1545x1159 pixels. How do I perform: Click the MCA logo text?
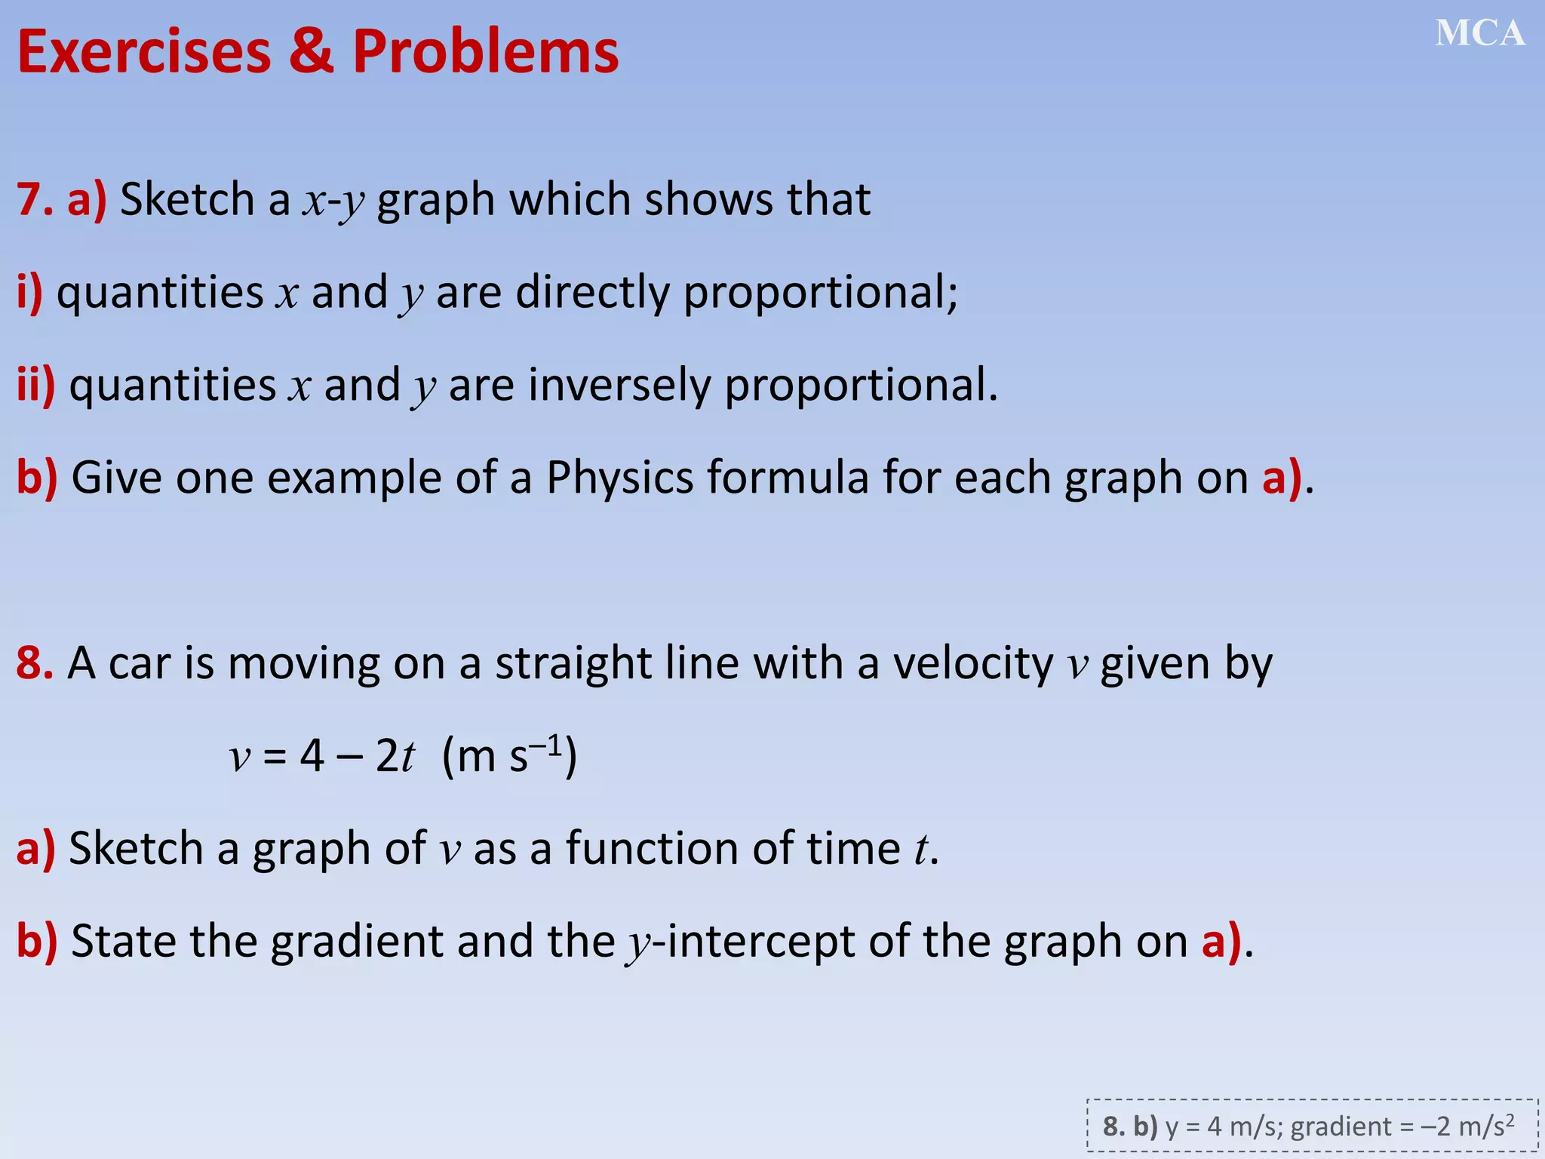coord(1479,34)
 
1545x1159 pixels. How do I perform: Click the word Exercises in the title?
coord(143,52)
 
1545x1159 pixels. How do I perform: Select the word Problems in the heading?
coord(485,52)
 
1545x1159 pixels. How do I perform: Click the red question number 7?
coord(35,200)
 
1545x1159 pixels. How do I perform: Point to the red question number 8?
coord(35,663)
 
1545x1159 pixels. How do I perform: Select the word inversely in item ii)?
coord(619,386)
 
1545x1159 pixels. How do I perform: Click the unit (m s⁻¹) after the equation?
coord(509,755)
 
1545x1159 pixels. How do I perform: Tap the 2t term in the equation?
coord(395,755)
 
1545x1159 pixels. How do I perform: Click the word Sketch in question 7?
coord(187,200)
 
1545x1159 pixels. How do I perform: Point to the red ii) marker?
coord(35,386)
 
